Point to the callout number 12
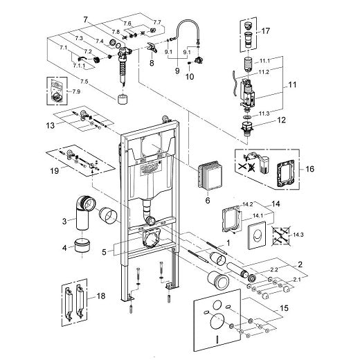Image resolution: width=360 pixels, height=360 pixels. (281, 120)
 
